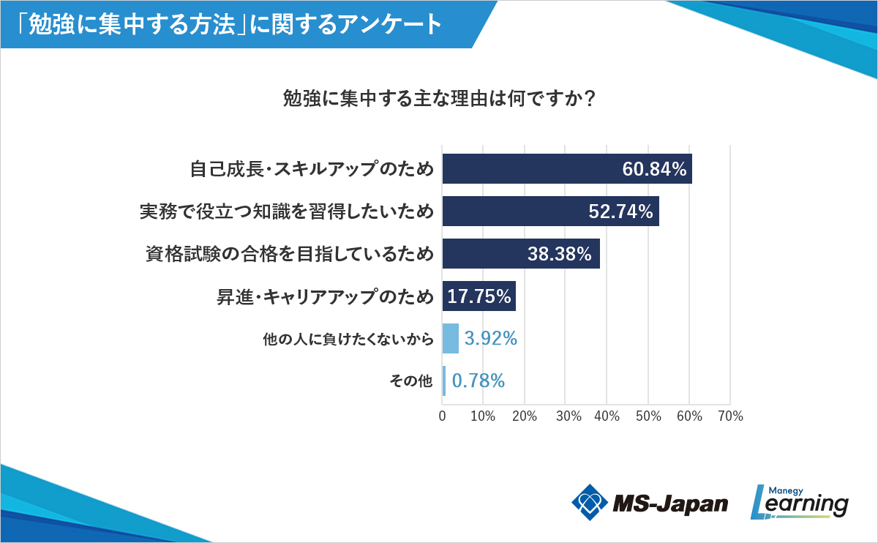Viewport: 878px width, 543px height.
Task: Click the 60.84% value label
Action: pos(654,170)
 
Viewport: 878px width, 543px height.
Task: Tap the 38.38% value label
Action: pos(559,254)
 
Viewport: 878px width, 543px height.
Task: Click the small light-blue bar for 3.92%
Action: pos(451,338)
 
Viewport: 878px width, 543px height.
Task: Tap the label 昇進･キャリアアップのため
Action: pos(325,296)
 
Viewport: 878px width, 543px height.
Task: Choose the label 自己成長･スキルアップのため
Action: pos(311,170)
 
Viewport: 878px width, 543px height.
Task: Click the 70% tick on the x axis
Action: pos(730,416)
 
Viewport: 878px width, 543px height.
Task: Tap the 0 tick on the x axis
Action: pos(442,416)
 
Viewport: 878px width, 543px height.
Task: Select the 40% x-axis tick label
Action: pos(607,416)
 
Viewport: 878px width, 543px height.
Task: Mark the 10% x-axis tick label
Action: pos(483,416)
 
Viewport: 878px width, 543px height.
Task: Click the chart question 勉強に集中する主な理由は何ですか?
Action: pos(438,98)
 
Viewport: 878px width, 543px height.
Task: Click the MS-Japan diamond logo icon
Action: pos(589,502)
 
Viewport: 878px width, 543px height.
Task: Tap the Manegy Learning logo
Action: pos(800,502)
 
